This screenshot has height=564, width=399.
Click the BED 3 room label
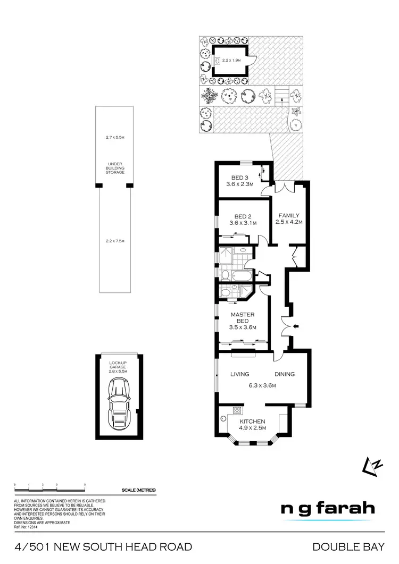tap(240, 178)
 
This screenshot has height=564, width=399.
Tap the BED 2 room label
tap(243, 216)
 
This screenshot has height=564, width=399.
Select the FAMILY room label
tap(289, 215)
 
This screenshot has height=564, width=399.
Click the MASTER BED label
tap(243, 317)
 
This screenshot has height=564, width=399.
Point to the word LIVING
tap(240, 374)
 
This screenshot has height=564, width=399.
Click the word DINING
tap(285, 374)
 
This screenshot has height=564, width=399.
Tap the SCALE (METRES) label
tap(139, 490)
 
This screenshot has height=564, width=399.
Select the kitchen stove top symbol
tap(237, 410)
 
